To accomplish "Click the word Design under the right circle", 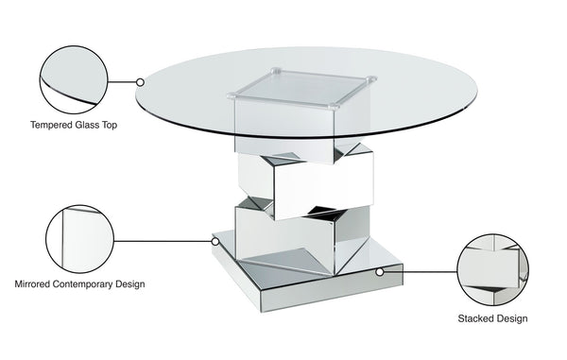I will (x=512, y=318).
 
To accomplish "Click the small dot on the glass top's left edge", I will (x=140, y=82).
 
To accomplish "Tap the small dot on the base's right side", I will (x=379, y=270).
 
